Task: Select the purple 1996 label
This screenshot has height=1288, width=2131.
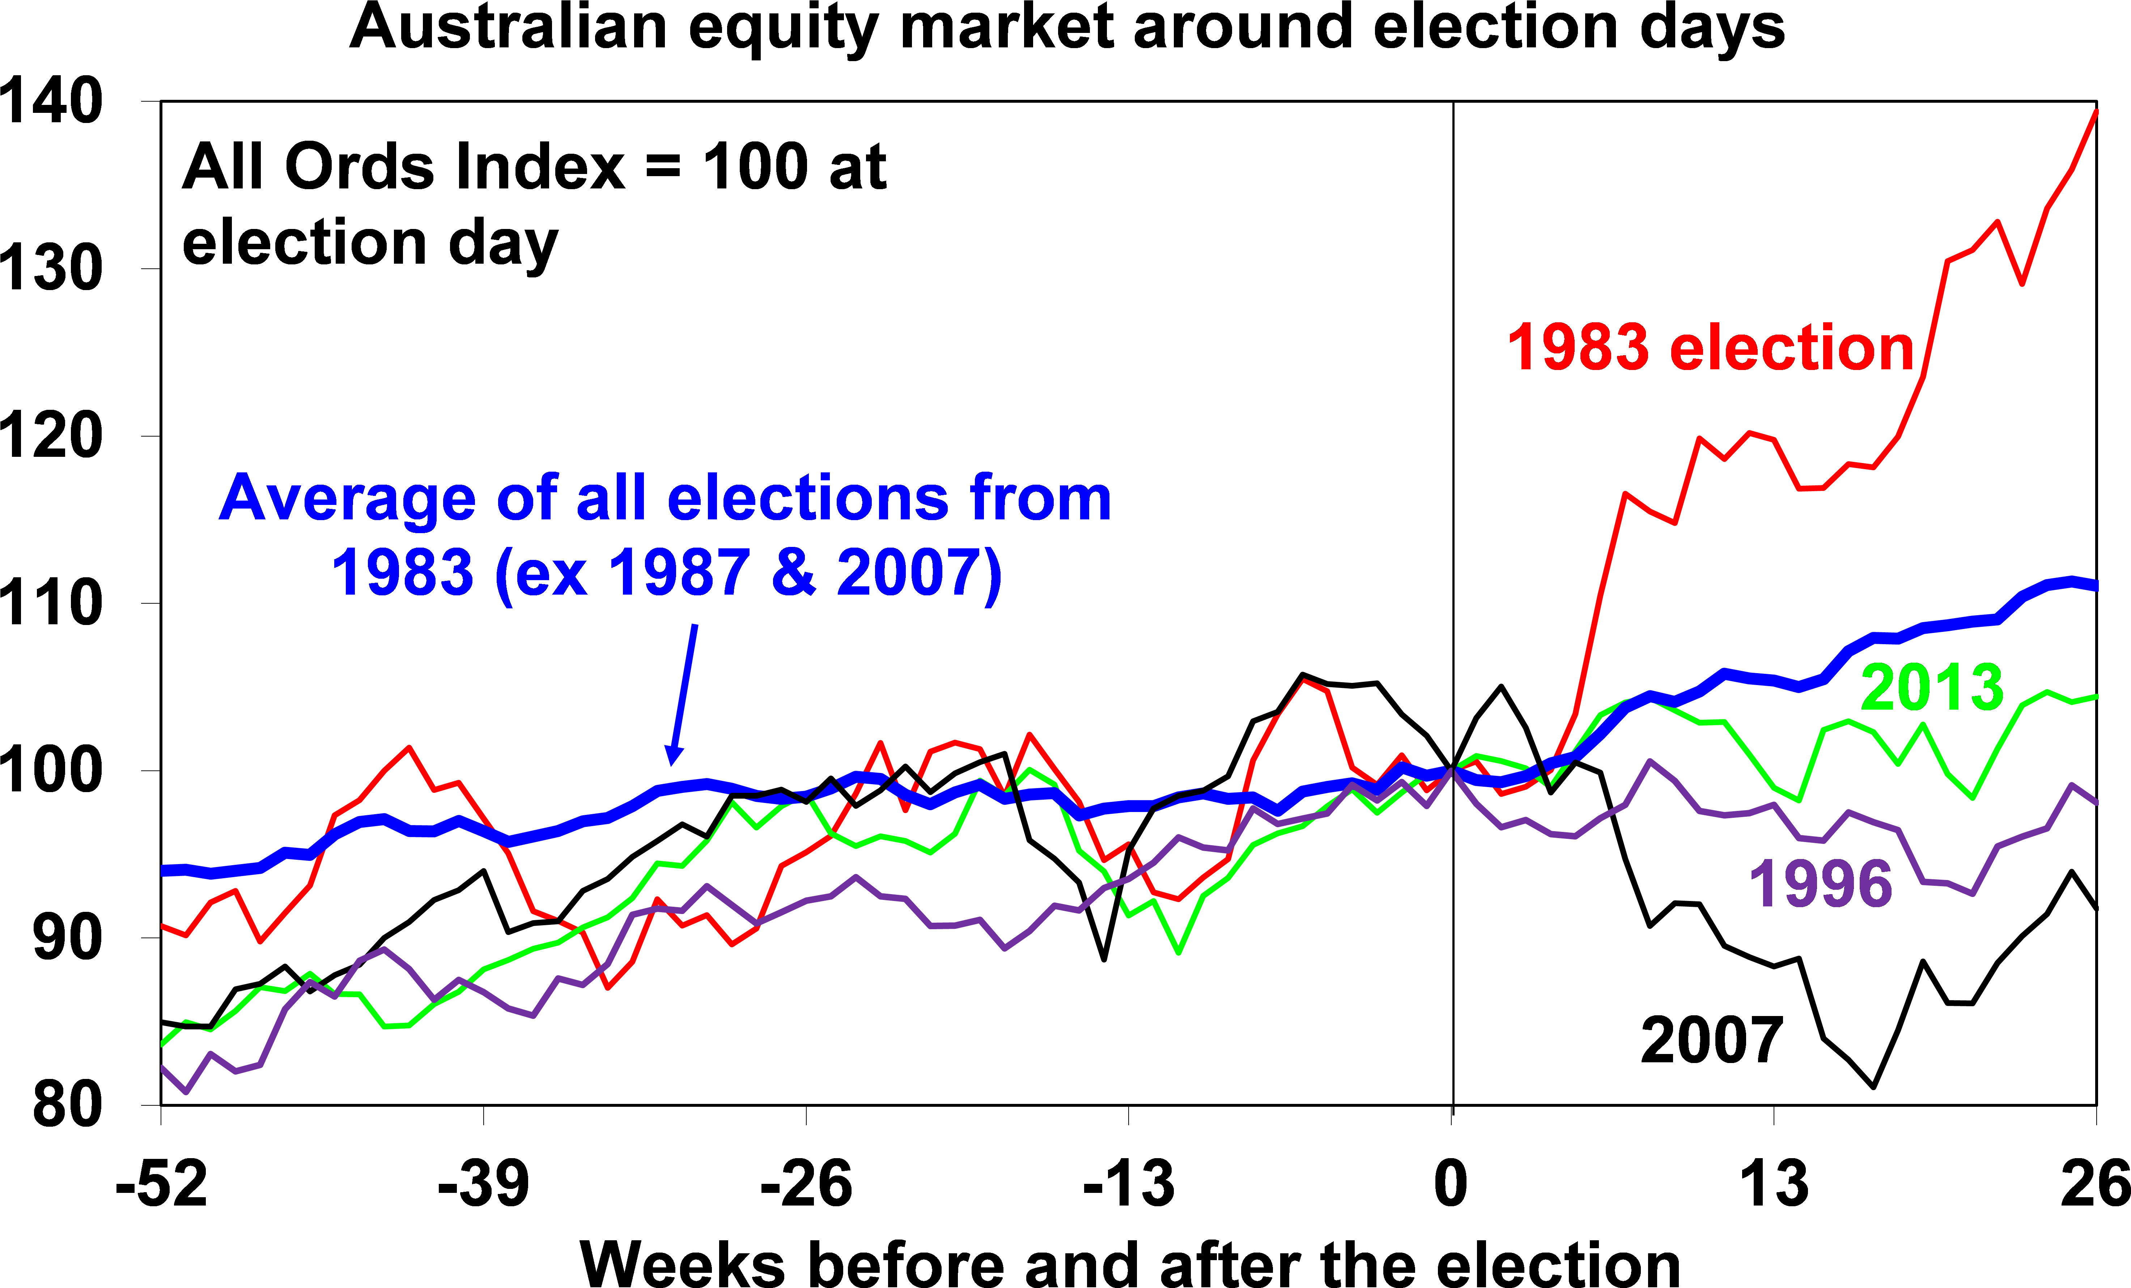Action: pyautogui.click(x=1821, y=884)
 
